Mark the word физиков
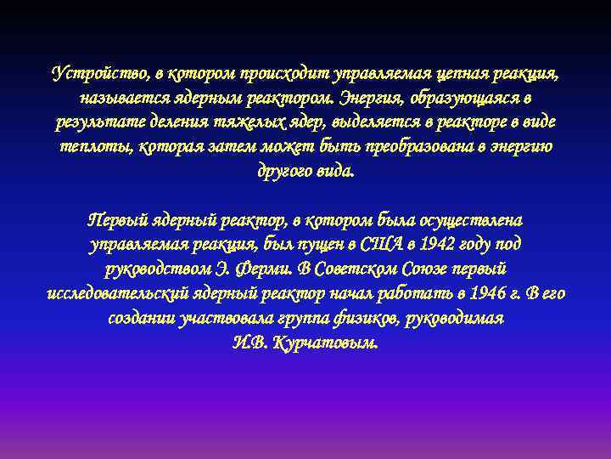click(x=363, y=319)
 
